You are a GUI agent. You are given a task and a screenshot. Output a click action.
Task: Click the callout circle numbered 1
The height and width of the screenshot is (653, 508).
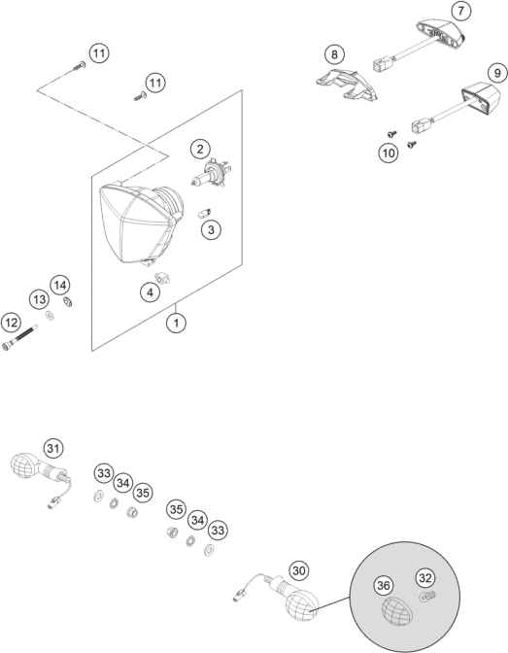176,323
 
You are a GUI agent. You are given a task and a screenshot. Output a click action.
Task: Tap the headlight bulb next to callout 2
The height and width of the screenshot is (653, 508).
211,173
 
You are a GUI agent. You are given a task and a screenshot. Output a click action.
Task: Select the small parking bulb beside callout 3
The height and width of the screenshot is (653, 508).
204,214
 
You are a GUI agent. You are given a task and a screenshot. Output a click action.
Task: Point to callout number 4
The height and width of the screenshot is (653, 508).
150,292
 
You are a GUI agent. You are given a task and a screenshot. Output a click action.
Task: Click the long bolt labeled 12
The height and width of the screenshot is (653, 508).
19,338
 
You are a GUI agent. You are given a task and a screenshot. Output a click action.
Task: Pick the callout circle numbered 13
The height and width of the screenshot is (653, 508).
39,299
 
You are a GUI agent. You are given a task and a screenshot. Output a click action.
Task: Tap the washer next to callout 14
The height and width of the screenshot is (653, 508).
67,301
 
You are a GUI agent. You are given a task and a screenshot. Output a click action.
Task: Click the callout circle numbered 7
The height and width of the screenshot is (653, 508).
460,11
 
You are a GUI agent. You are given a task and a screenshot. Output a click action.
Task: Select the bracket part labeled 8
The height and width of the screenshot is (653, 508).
347,85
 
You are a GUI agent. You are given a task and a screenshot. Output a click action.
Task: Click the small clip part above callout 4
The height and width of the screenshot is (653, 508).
161,277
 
